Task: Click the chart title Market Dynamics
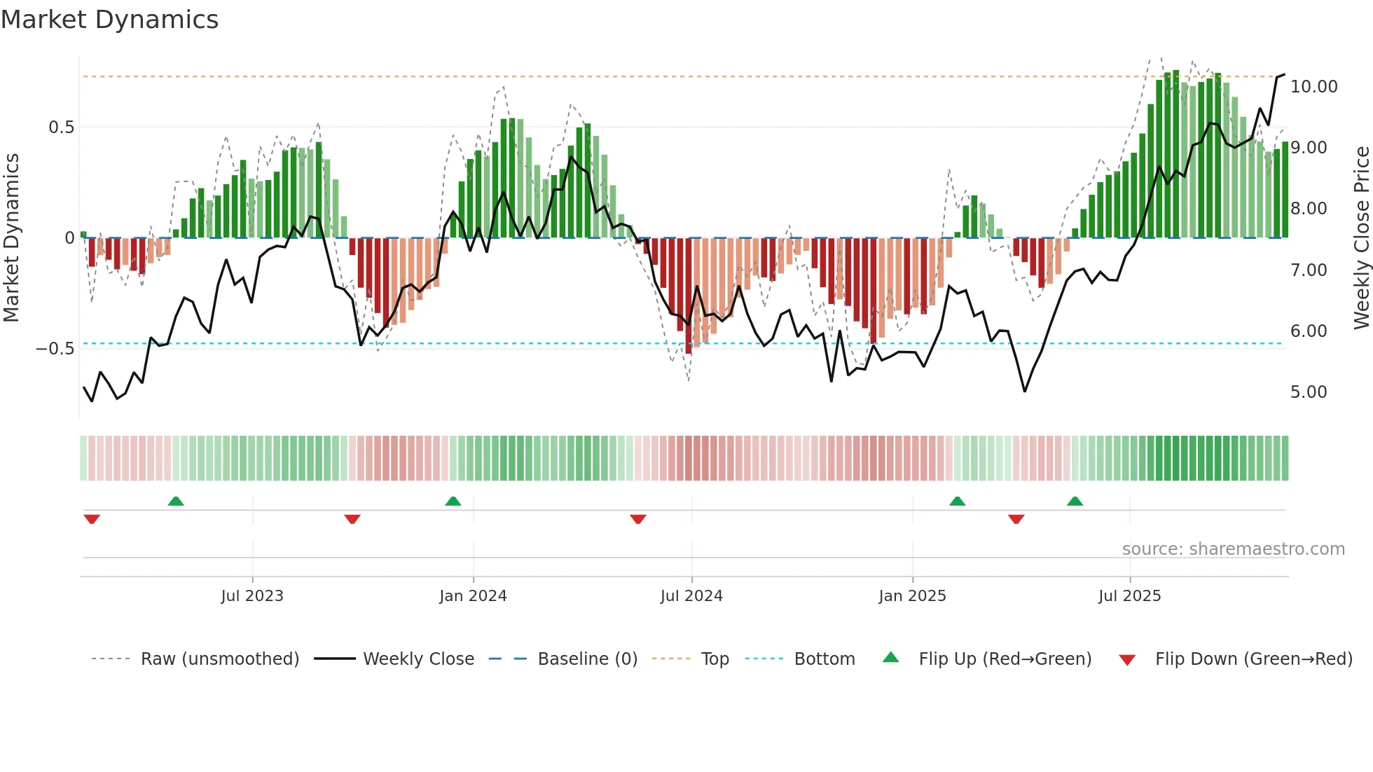[110, 20]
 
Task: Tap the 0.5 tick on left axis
[61, 127]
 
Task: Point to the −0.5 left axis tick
[55, 349]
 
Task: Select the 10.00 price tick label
[1313, 87]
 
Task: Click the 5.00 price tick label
[1309, 392]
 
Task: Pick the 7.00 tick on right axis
[1309, 270]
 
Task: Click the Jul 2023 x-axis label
[252, 596]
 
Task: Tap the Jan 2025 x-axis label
[912, 596]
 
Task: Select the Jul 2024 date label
[691, 596]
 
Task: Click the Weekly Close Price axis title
[1361, 238]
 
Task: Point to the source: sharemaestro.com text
[1233, 549]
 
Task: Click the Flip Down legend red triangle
[1127, 660]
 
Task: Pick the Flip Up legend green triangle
[890, 657]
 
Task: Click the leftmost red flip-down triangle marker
[92, 519]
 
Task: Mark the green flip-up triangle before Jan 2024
[453, 501]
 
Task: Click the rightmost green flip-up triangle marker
[1075, 501]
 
